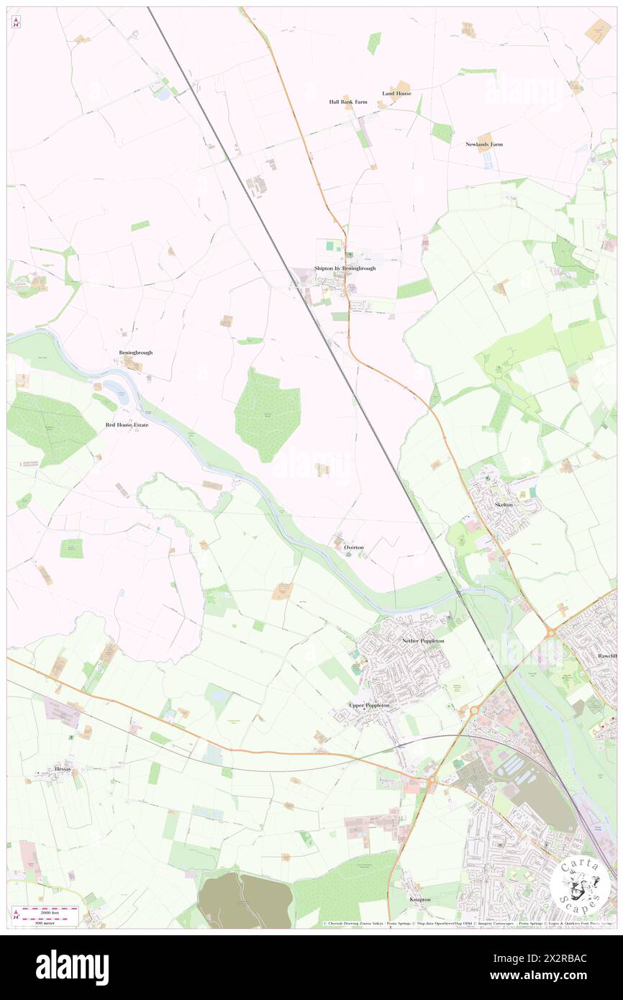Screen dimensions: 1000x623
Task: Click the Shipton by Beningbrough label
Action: coord(345,268)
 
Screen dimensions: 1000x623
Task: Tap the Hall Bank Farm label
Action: coord(348,102)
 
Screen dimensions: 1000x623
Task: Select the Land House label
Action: coord(396,94)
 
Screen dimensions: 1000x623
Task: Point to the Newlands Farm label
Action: coord(483,145)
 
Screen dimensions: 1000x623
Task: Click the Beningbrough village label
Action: coord(136,353)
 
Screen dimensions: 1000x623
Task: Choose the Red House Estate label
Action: coord(127,425)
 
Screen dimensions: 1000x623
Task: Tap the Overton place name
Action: coord(353,547)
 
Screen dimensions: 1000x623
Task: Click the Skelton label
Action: coord(504,505)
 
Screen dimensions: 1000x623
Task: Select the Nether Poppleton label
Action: coord(423,640)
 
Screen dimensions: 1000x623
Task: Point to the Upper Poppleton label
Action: coord(369,705)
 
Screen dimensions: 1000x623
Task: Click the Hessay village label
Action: coord(63,768)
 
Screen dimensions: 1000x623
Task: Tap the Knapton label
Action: coord(419,899)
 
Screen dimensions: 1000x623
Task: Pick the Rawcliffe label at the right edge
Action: coord(607,657)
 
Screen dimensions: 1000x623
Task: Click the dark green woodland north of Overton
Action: coord(268,414)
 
